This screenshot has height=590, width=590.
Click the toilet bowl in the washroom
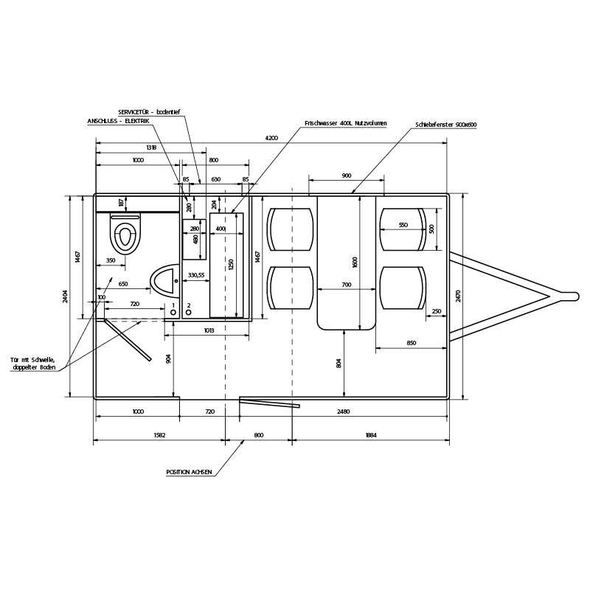pos(125,233)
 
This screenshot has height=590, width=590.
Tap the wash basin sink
pos(164,281)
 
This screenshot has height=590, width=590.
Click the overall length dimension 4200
pos(271,138)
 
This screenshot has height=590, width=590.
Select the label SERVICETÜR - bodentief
pos(150,112)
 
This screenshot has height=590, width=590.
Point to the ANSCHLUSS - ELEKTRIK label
pos(119,121)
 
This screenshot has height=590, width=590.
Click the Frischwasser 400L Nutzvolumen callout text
pos(346,123)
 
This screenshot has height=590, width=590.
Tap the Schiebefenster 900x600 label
pos(446,125)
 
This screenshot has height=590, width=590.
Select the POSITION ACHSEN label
pos(189,472)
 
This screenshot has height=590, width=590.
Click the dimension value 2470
pos(458,296)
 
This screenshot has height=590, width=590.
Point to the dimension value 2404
pos(66,296)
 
